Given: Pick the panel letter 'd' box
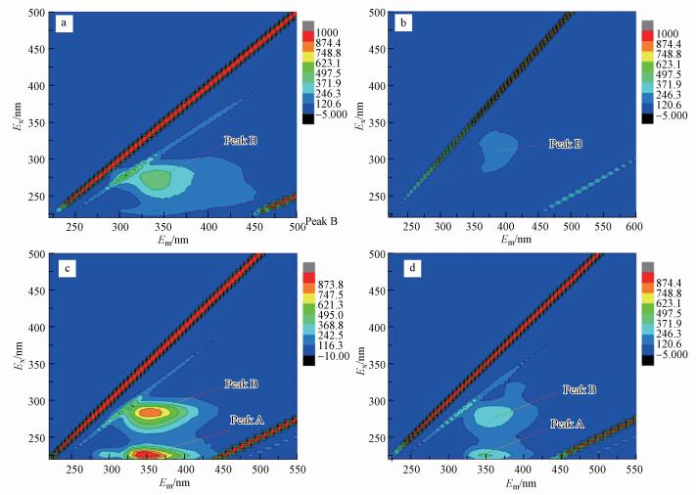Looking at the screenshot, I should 405,268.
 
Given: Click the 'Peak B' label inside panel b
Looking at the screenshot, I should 565,144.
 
